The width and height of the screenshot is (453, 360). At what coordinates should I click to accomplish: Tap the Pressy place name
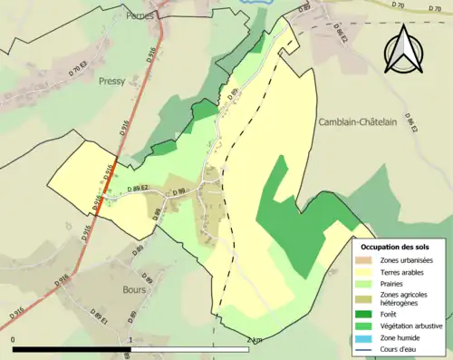click(112, 80)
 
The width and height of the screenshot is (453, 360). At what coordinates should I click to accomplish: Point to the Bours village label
click(134, 291)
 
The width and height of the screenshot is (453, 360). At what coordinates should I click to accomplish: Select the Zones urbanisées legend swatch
click(367, 260)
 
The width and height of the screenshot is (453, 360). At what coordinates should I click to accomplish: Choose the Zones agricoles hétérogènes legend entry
click(405, 299)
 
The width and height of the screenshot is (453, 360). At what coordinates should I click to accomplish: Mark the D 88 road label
click(155, 214)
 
